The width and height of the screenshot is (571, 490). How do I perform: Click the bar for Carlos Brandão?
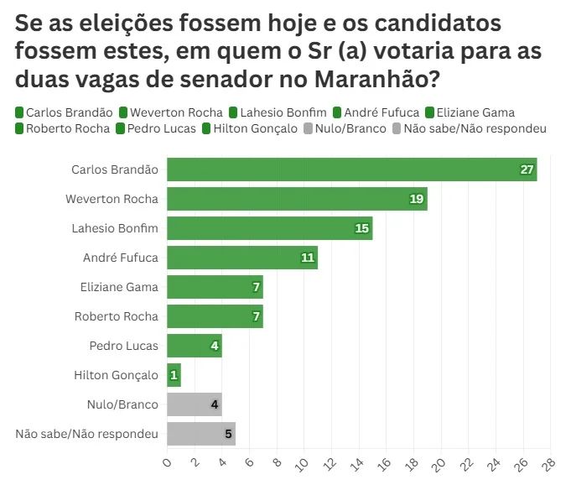pyautogui.click(x=351, y=169)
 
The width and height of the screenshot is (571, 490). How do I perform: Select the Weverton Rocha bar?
pyautogui.click(x=297, y=199)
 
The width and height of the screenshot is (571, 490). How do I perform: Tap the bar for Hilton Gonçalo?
pyautogui.click(x=174, y=375)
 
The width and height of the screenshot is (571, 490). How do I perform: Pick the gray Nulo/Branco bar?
pyautogui.click(x=194, y=404)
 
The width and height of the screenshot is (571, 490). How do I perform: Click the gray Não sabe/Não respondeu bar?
pyautogui.click(x=201, y=434)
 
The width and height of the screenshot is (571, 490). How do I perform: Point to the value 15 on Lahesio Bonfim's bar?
pyautogui.click(x=362, y=228)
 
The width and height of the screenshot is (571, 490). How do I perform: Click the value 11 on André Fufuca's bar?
pyautogui.click(x=308, y=258)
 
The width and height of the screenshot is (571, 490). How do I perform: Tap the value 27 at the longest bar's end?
pyautogui.click(x=527, y=169)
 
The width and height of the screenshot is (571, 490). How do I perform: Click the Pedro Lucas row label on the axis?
pyautogui.click(x=123, y=346)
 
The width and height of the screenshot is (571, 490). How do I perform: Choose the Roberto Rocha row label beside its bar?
pyautogui.click(x=116, y=316)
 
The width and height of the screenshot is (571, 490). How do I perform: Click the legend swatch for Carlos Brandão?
pyautogui.click(x=19, y=112)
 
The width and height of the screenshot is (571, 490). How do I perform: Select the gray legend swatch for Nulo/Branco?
pyautogui.click(x=308, y=128)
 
